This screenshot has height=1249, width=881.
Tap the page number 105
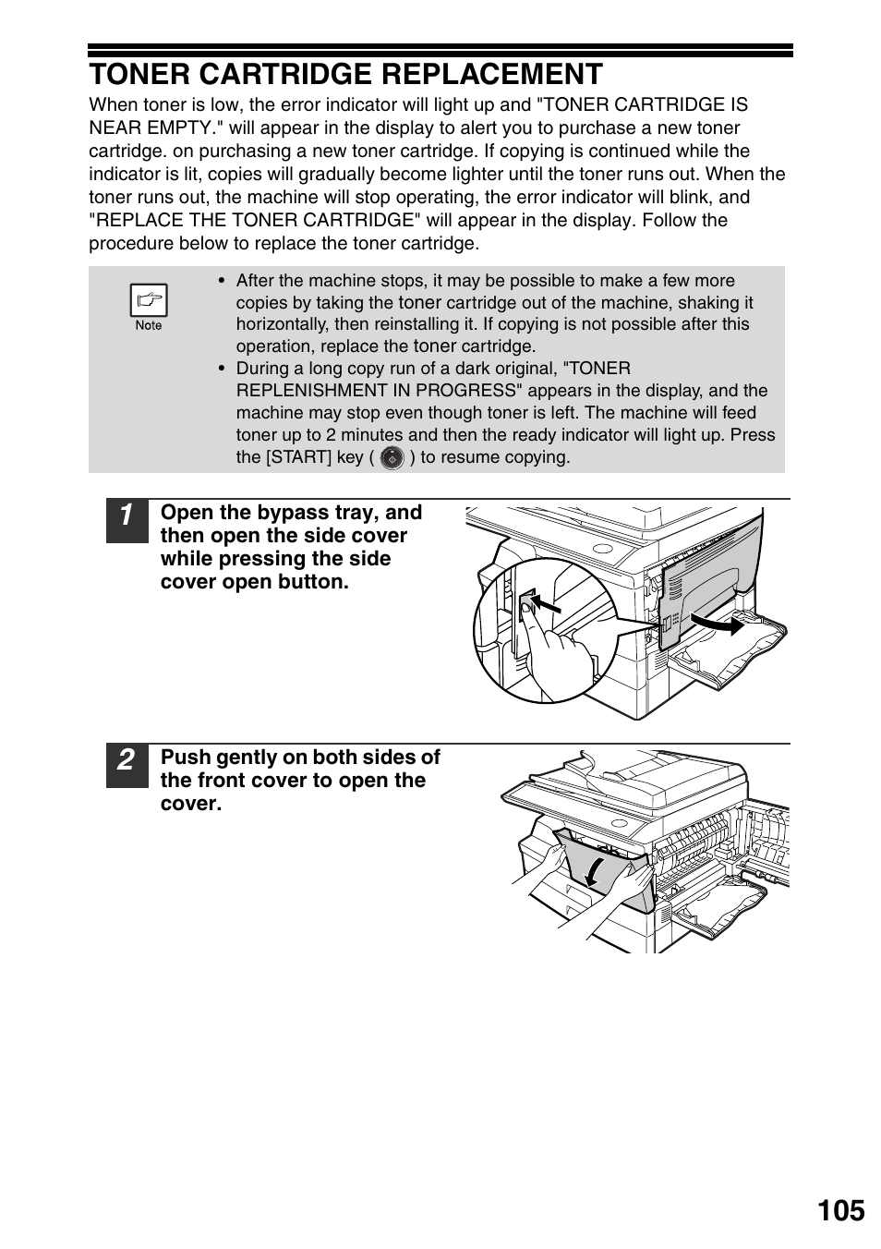pos(840,1210)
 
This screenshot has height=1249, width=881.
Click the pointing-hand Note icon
pos(148,300)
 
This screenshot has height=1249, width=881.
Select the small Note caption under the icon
pos(148,325)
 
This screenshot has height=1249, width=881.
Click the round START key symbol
pos(392,457)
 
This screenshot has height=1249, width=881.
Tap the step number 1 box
pos(127,521)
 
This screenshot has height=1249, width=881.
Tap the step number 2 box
pos(127,766)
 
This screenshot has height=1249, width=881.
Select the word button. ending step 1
pos(312,582)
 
